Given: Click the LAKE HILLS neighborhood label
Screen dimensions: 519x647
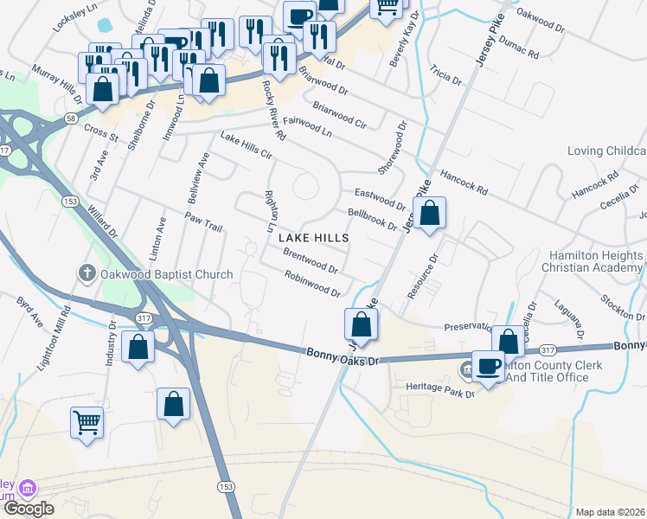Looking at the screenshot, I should point(314,237).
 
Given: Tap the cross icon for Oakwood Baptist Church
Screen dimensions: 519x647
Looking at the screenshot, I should point(86,274).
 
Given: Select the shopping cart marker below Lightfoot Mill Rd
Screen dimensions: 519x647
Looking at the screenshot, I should point(86,424).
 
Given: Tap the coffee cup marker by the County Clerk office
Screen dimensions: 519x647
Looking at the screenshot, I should point(489,366).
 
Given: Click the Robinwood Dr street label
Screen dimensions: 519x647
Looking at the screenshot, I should point(312,283).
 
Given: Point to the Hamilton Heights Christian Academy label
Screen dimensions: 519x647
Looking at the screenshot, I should point(596,261).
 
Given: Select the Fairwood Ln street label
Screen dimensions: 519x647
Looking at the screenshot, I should point(307,128).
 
